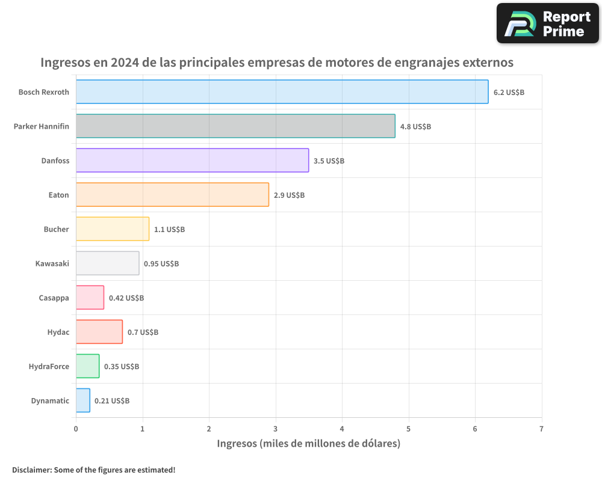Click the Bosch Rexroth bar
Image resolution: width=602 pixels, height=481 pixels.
(x=282, y=92)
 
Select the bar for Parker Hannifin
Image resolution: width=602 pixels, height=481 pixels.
(x=235, y=126)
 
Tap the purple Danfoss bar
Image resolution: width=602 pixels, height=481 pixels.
(x=192, y=161)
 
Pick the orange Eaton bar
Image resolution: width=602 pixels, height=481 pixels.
(x=172, y=195)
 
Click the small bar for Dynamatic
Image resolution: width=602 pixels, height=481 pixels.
(x=83, y=400)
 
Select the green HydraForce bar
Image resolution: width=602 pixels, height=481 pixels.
(x=87, y=366)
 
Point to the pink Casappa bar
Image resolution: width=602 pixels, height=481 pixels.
(x=90, y=298)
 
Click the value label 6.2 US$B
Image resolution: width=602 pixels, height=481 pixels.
(x=509, y=93)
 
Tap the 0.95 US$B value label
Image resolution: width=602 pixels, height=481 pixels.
(x=161, y=264)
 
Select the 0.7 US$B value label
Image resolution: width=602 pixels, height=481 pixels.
(x=143, y=332)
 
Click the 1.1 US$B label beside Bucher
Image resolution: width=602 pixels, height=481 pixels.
(x=169, y=230)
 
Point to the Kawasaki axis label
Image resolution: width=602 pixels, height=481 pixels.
(x=52, y=264)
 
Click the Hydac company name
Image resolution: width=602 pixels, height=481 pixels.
(x=58, y=332)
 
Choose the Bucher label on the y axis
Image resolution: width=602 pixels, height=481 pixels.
(x=56, y=230)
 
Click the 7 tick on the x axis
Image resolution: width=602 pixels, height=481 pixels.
(x=541, y=429)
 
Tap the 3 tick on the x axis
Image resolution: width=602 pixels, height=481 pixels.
(x=276, y=429)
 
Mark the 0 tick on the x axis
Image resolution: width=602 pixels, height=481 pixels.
(x=76, y=429)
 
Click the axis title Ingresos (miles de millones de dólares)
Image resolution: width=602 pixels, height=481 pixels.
(x=308, y=444)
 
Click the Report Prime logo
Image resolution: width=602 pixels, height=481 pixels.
(x=547, y=23)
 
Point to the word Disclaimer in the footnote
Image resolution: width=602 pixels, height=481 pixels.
(x=31, y=470)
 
